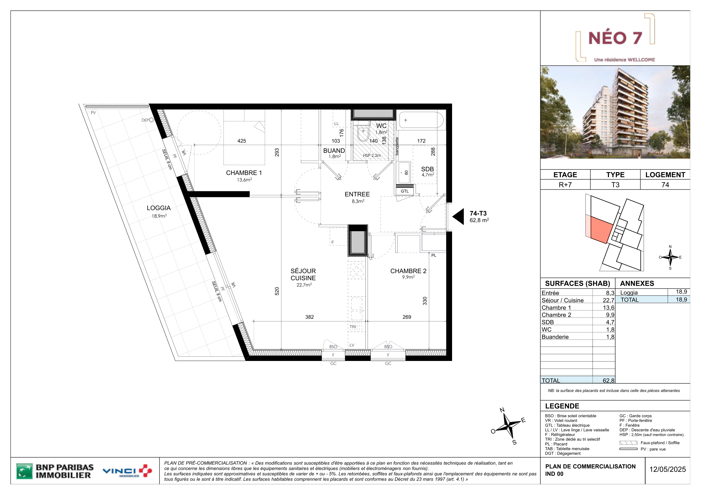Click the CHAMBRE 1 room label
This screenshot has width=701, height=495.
[x=244, y=173]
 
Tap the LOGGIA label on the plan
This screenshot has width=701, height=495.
[x=159, y=208]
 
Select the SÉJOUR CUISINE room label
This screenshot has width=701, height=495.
[x=303, y=275]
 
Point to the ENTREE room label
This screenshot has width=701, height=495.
[x=357, y=194]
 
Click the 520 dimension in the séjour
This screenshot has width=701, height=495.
[x=277, y=291]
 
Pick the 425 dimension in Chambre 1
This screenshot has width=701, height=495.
[x=242, y=141]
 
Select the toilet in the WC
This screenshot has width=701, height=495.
[x=363, y=133]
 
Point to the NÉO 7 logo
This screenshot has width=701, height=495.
[x=615, y=38]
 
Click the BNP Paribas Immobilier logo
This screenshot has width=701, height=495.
[x=55, y=471]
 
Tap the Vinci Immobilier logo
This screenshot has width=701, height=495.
[x=127, y=471]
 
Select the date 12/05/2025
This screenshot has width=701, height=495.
[x=667, y=469]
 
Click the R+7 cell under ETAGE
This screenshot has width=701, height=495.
[x=565, y=185]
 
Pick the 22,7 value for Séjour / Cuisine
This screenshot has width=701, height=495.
[x=608, y=301]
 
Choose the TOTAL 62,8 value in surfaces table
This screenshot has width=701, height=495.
[x=608, y=381]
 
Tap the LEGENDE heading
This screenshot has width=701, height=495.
[x=562, y=406]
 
